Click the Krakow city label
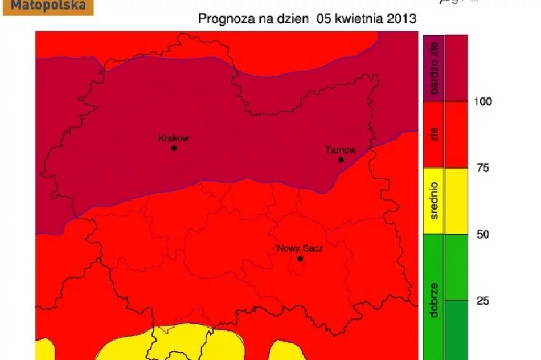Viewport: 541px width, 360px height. [173, 138]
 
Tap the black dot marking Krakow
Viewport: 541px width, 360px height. [174, 148]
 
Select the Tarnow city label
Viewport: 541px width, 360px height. [341, 150]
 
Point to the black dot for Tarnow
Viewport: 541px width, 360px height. [341, 159]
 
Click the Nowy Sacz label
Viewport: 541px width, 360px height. [300, 248]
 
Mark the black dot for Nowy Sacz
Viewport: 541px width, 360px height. [300, 259]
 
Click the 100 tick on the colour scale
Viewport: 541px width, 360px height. [483, 101]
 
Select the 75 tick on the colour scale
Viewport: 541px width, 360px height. [482, 168]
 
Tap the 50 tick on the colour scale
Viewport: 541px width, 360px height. [482, 234]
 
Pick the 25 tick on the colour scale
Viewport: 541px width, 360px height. [482, 301]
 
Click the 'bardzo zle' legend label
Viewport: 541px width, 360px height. [434, 68]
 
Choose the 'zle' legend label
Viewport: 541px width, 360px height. [434, 135]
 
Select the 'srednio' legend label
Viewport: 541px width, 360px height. [434, 201]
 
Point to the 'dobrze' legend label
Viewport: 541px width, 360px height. [434, 298]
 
